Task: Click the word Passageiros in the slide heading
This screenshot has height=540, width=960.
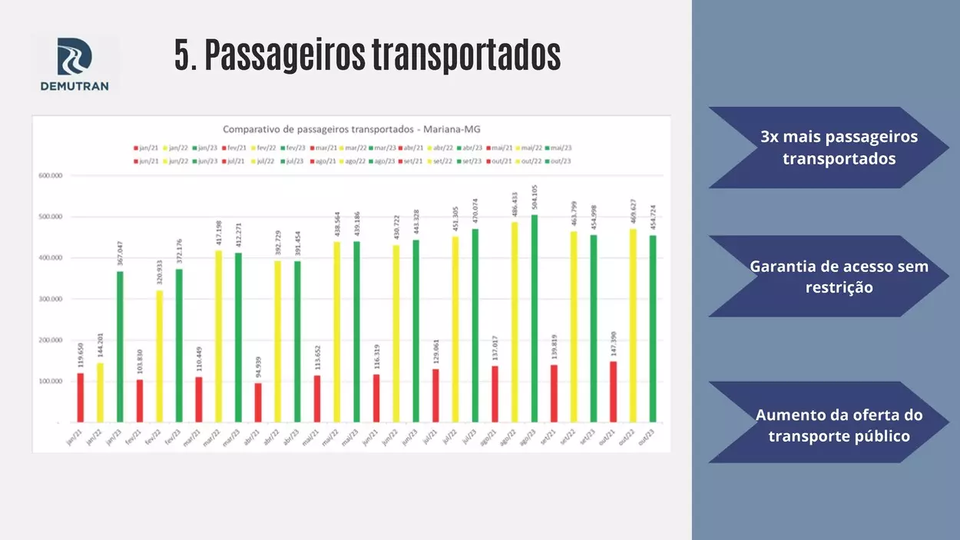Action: pyautogui.click(x=283, y=55)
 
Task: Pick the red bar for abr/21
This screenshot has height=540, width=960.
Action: pyautogui.click(x=258, y=403)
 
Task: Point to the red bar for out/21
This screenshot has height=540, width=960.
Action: pyautogui.click(x=613, y=392)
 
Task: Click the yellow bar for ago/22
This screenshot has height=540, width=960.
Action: pyautogui.click(x=514, y=322)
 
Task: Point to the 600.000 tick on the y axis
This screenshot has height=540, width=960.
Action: pyautogui.click(x=50, y=176)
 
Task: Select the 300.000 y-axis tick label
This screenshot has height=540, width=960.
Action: pyautogui.click(x=50, y=299)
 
